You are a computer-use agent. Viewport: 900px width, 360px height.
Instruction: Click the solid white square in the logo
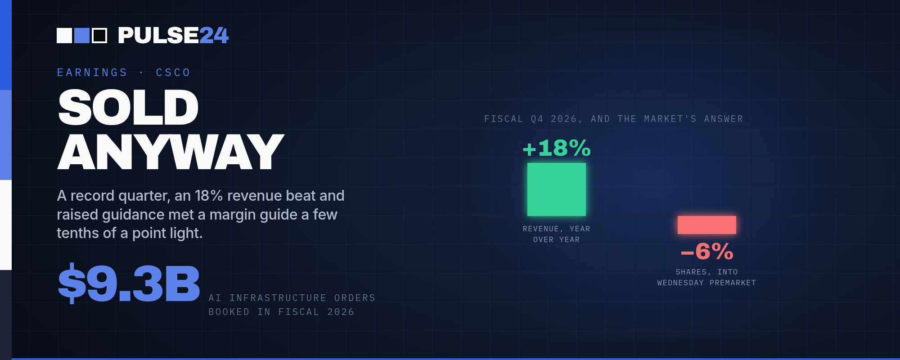click(x=64, y=36)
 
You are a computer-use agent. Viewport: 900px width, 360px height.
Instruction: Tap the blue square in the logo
click(x=82, y=36)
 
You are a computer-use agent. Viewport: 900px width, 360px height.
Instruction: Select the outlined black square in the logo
click(x=99, y=36)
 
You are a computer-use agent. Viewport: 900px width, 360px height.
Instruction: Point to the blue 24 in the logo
click(x=214, y=36)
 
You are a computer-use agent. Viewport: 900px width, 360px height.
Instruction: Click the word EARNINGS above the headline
click(x=92, y=72)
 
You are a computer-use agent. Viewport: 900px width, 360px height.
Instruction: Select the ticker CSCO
click(x=173, y=72)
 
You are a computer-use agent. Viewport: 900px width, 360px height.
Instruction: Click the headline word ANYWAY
click(x=171, y=152)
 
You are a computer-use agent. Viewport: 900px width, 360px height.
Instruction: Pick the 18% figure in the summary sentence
click(x=209, y=196)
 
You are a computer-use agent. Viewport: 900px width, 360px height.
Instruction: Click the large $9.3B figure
click(x=129, y=283)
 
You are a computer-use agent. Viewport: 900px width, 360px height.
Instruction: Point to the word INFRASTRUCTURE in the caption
click(x=278, y=298)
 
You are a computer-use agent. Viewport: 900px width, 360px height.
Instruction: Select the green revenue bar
click(x=557, y=189)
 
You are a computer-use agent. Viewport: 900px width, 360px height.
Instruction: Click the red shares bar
click(x=707, y=225)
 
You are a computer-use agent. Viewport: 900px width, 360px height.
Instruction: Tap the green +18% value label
click(x=557, y=148)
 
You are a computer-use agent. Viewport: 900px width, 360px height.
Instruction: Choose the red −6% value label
click(x=707, y=252)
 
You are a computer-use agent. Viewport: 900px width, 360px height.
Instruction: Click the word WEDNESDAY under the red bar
click(x=680, y=283)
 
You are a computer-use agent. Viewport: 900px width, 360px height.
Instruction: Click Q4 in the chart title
click(x=537, y=119)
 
